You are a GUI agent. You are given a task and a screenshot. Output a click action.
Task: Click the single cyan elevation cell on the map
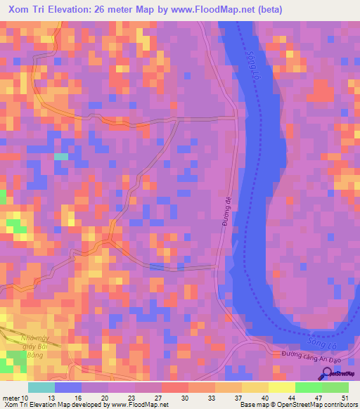coord(61,157)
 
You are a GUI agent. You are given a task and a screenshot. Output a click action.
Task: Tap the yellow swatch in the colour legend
coord(282,387)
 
